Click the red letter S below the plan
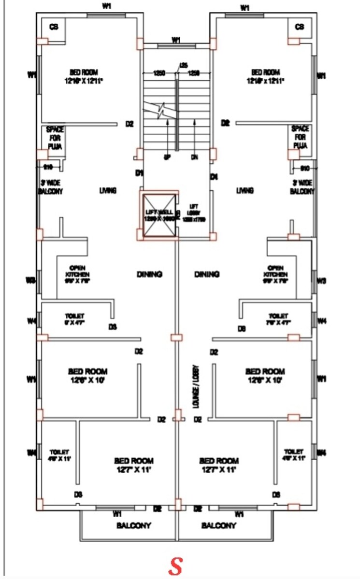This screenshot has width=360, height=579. pos(175,566)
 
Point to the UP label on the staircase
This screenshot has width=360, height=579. pos(167,157)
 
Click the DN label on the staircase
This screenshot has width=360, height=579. pos(195,157)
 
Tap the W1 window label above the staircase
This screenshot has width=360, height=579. pos(176,40)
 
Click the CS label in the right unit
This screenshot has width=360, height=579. pos(299,27)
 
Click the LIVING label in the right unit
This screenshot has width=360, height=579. pos(245,191)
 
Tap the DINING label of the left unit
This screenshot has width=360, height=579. pos(149,274)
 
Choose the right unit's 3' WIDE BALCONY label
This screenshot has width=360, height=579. pos(302,187)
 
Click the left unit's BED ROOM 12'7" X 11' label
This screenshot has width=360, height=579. pos(134,465)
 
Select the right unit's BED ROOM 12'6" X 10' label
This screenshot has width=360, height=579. pos(265,375)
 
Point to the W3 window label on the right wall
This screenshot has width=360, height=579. pos(321,281)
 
